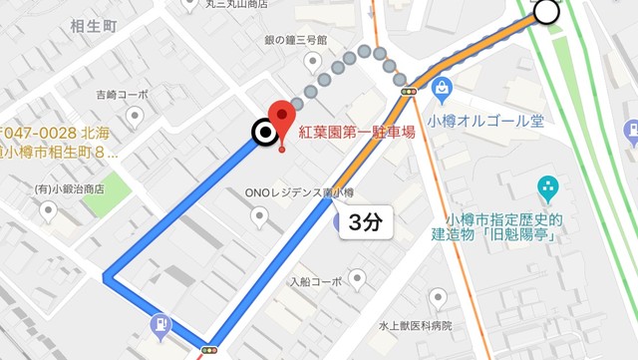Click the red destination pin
tap(282, 123)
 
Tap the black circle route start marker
tap(264, 133)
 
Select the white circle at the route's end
tap(547, 12)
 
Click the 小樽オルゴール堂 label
tap(484, 121)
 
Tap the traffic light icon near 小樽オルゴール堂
tap(408, 92)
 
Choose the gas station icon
tap(160, 325)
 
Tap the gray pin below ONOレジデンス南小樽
tap(259, 215)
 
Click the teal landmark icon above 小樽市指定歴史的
tap(547, 185)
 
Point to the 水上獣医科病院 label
tap(415, 325)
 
